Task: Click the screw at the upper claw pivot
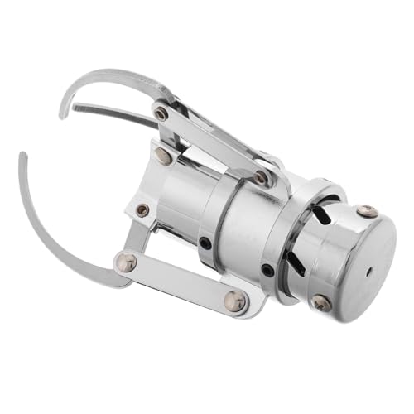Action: (x=161, y=112)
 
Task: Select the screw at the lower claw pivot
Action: (x=126, y=262)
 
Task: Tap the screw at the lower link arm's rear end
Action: (x=234, y=301)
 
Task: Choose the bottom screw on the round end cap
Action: (x=321, y=303)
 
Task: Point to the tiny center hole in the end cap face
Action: (x=367, y=271)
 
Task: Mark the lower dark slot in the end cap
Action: (x=294, y=262)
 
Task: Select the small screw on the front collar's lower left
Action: (x=142, y=209)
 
